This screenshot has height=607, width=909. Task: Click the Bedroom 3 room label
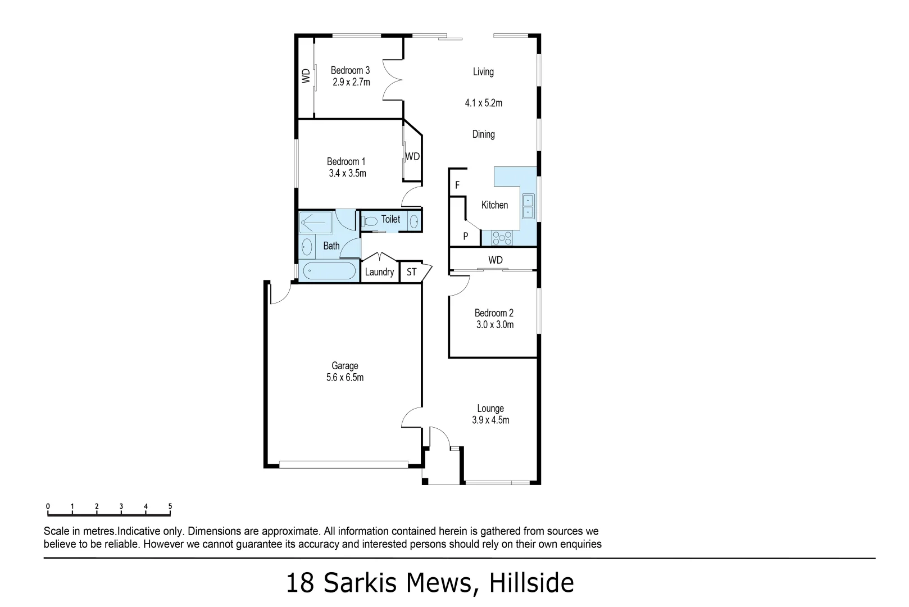pyautogui.click(x=350, y=70)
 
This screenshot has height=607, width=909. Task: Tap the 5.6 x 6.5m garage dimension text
pyautogui.click(x=344, y=378)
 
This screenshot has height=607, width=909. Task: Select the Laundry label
pyautogui.click(x=379, y=272)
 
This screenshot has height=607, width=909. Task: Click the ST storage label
pyautogui.click(x=412, y=272)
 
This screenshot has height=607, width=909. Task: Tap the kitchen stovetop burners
pyautogui.click(x=502, y=238)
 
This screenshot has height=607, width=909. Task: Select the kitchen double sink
pyautogui.click(x=528, y=206)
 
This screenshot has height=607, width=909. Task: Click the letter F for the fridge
pyautogui.click(x=457, y=185)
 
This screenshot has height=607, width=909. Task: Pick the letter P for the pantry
pyautogui.click(x=465, y=237)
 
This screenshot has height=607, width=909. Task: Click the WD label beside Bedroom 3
pyautogui.click(x=306, y=76)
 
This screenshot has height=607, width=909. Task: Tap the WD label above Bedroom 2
pyautogui.click(x=495, y=260)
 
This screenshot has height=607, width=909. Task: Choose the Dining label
pyautogui.click(x=483, y=134)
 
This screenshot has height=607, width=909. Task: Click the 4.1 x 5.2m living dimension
pyautogui.click(x=483, y=103)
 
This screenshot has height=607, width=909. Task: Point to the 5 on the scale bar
pyautogui.click(x=170, y=506)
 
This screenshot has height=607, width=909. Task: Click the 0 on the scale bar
pyautogui.click(x=48, y=506)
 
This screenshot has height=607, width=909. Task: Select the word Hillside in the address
pyautogui.click(x=531, y=583)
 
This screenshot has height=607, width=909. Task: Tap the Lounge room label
pyautogui.click(x=490, y=409)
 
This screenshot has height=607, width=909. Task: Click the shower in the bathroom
pyautogui.click(x=316, y=223)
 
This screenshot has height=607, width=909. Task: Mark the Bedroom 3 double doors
pyautogui.click(x=392, y=79)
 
